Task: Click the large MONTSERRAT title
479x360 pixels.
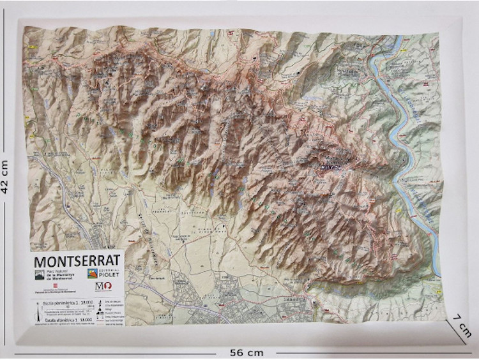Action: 77,262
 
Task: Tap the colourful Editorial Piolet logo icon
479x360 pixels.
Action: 93,274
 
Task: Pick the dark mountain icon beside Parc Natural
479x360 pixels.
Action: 40,275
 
